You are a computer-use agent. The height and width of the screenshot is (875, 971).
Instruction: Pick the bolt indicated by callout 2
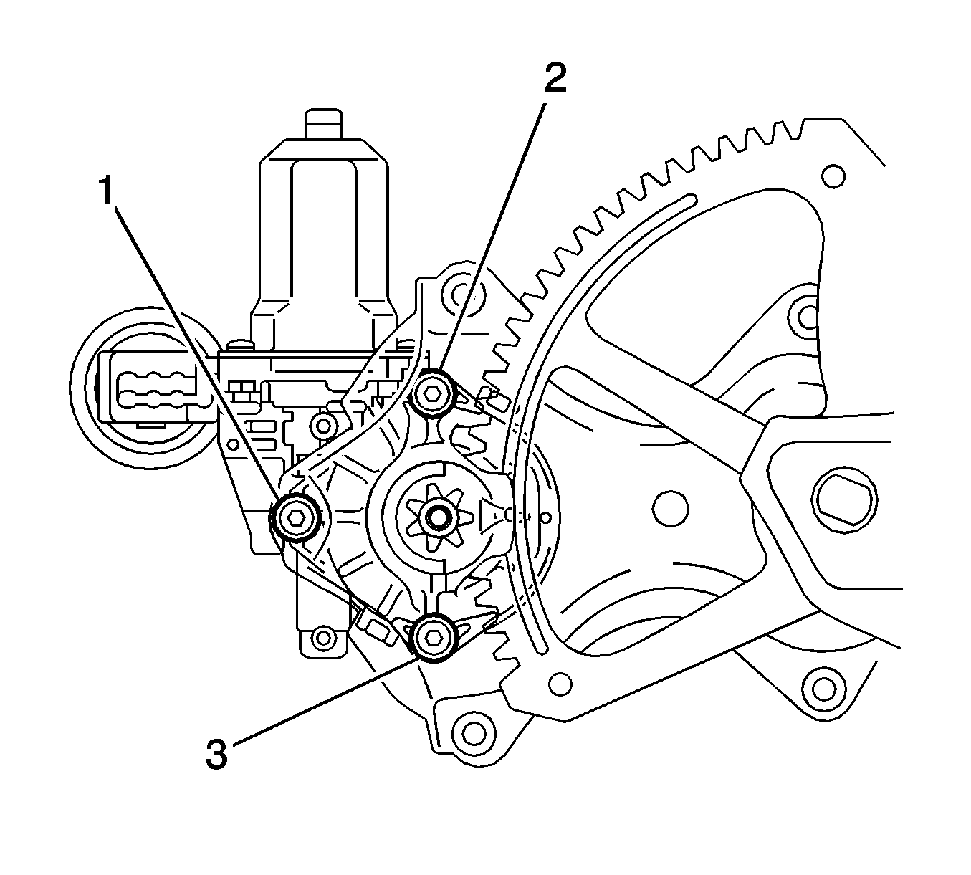[433, 393]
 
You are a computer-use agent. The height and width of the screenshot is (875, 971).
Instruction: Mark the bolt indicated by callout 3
[434, 636]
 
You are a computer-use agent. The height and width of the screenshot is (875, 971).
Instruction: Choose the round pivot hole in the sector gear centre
[670, 508]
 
